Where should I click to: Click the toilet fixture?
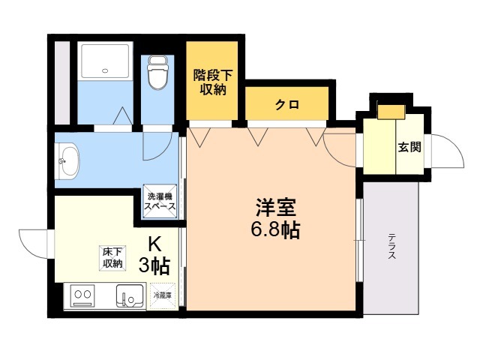click(x=157, y=73)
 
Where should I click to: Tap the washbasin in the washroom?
click(x=67, y=160)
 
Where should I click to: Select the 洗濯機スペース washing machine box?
click(x=160, y=201)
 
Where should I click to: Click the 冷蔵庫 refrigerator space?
click(x=162, y=295)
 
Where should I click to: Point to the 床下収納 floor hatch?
click(x=112, y=258)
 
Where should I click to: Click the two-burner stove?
click(x=82, y=295)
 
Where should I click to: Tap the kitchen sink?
click(x=130, y=295)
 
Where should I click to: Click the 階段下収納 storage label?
click(x=213, y=82)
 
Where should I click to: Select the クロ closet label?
click(x=286, y=105)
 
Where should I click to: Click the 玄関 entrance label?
click(x=409, y=147)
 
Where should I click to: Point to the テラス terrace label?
click(x=391, y=246)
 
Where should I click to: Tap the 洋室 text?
click(x=276, y=207)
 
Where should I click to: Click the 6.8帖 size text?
click(x=275, y=229)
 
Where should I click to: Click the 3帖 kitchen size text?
click(x=154, y=265)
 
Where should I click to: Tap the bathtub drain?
click(x=105, y=71)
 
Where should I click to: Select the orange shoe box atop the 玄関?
click(x=391, y=112)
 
